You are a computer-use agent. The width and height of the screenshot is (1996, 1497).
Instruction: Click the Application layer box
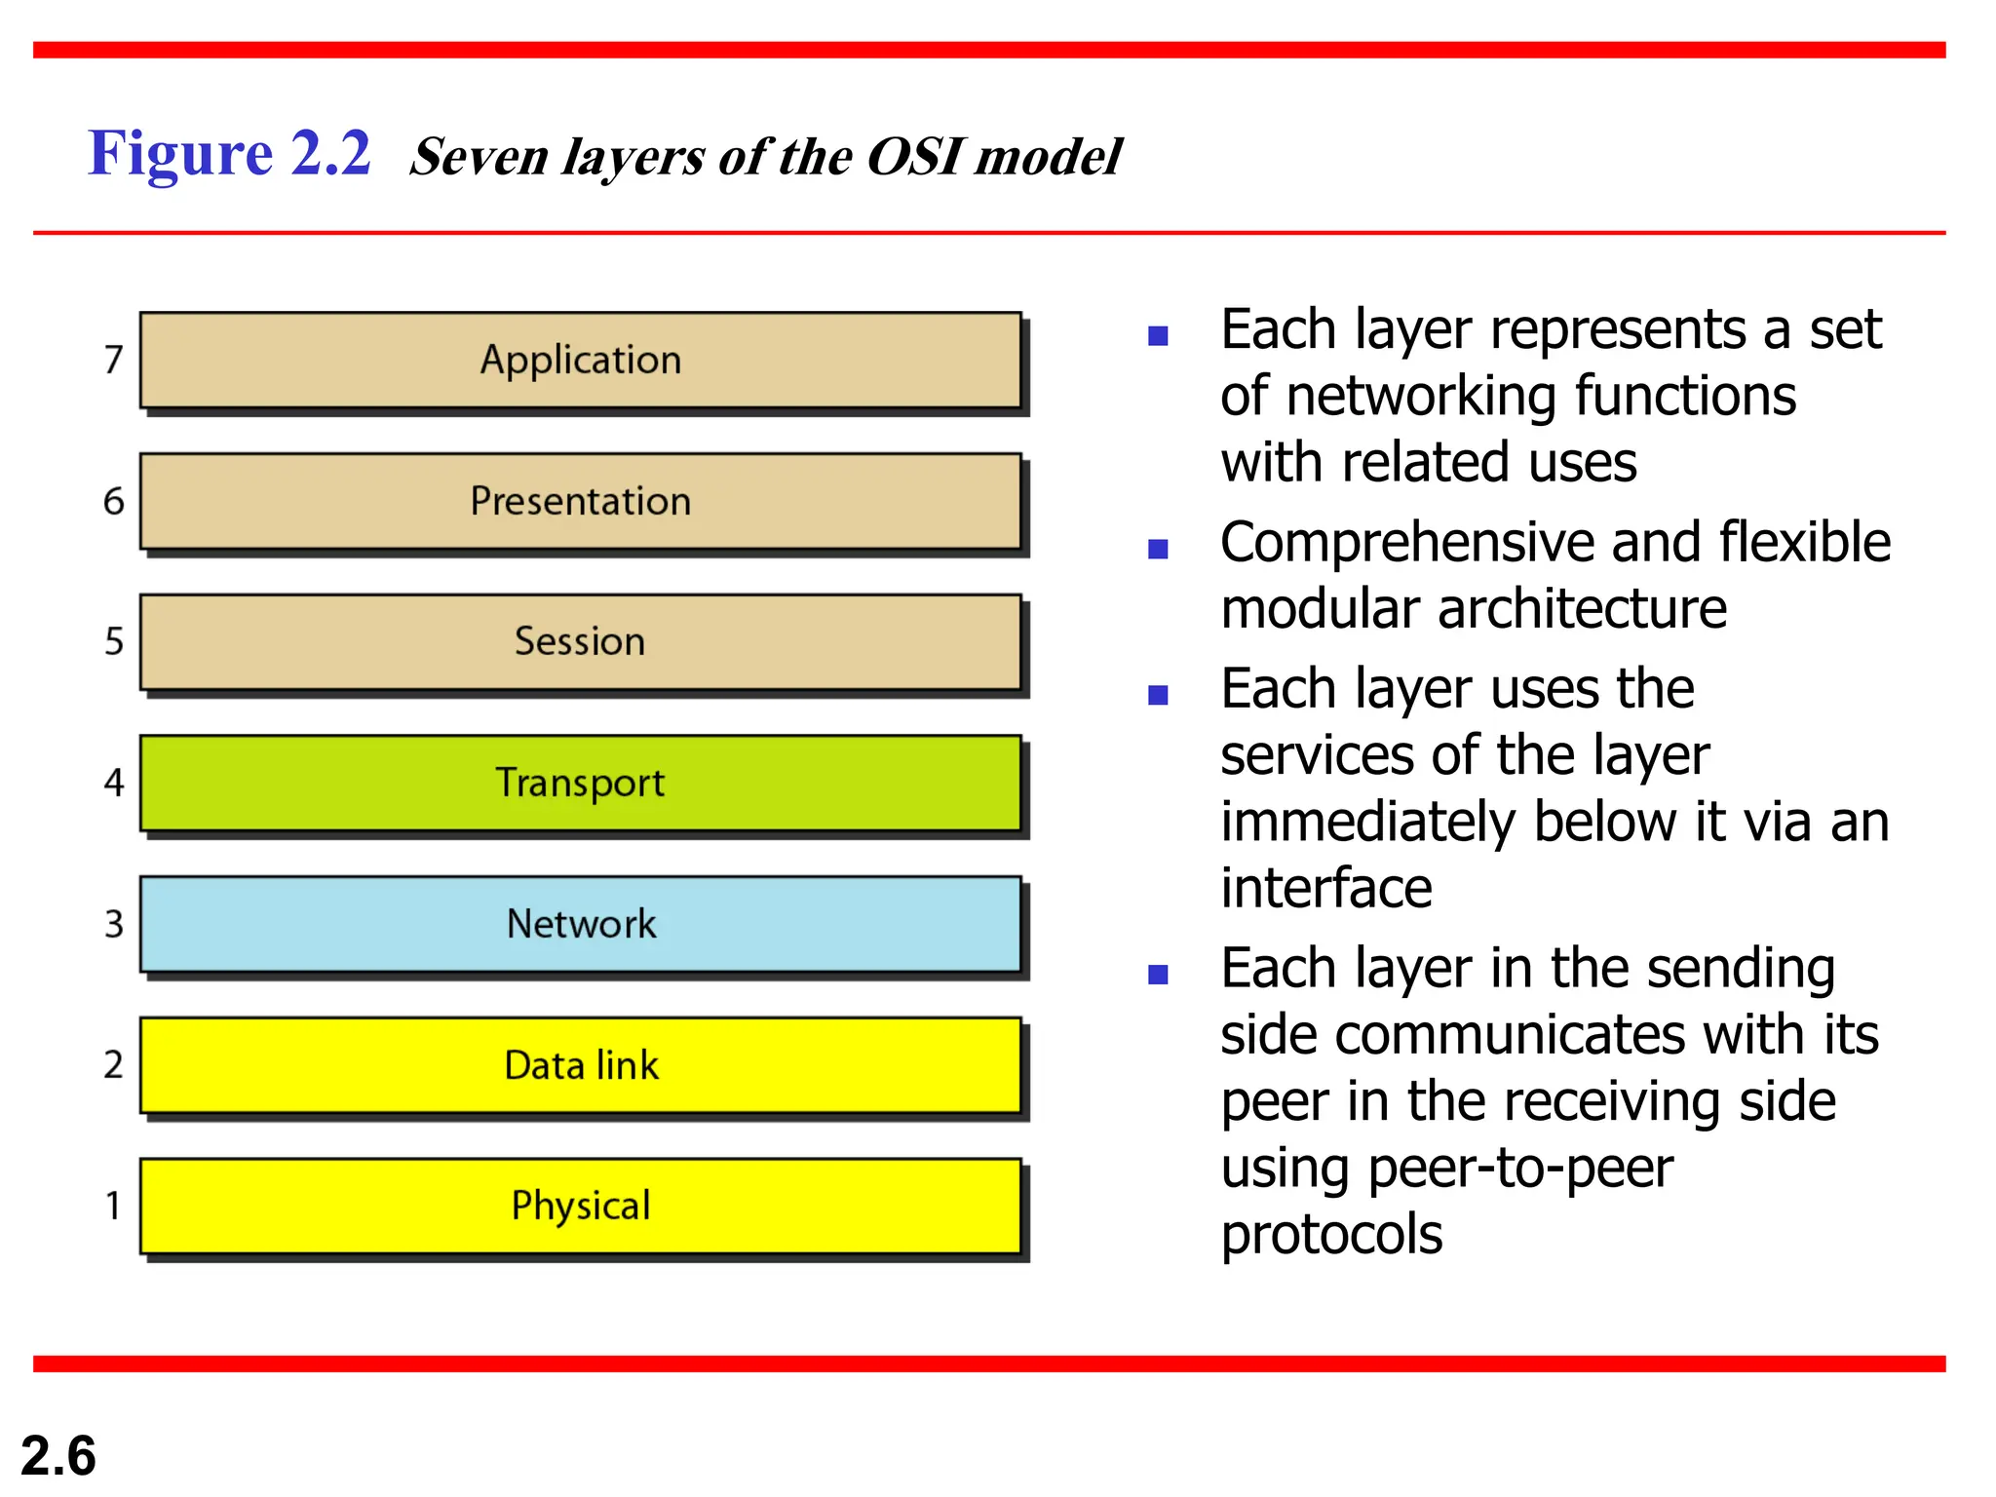580,360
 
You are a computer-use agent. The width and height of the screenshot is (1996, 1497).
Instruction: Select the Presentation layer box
580,501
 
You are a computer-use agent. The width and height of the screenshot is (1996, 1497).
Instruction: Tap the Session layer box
580,641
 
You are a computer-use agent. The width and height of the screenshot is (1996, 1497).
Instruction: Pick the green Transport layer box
580,783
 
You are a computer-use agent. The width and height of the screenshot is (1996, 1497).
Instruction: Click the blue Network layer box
580,924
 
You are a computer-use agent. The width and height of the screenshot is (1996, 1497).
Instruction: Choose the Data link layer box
580,1064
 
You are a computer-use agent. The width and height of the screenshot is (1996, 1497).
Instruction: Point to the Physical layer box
580,1206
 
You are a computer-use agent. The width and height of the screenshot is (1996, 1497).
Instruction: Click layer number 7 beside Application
114,360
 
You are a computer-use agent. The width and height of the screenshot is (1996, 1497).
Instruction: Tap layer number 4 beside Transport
114,783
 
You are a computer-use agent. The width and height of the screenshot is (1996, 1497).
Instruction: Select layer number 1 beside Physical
114,1206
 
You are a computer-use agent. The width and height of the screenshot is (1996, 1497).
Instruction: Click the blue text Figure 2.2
230,154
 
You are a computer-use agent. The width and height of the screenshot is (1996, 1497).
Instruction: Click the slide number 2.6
58,1455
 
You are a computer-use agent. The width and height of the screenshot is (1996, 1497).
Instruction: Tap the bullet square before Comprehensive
1158,550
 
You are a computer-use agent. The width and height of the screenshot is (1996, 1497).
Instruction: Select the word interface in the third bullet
1326,888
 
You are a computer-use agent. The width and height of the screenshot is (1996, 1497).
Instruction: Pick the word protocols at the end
1331,1235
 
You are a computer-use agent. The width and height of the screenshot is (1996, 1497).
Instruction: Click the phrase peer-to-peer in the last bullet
1520,1169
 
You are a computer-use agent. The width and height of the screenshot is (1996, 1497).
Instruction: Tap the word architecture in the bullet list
1582,609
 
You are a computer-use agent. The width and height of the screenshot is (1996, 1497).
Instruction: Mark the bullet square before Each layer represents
1158,337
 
